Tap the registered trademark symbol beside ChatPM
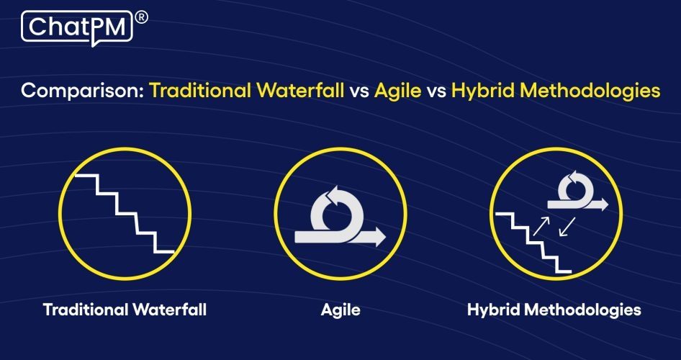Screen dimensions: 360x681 pos(141,18)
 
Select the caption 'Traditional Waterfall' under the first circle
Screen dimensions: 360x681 pos(125,310)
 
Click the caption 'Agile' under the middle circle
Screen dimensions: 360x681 pos(340,310)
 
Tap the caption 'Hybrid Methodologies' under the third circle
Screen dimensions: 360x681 pos(554,310)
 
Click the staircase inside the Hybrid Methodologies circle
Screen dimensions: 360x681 pos(533,241)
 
